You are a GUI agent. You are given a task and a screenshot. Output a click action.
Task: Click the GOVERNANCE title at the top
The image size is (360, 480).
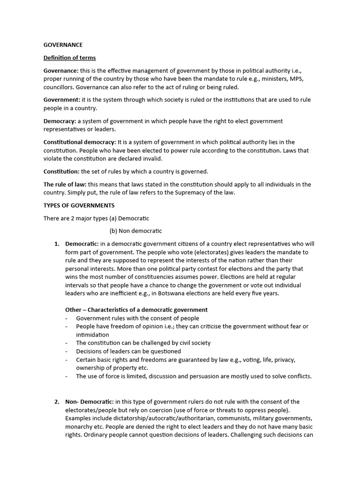pos(63,45)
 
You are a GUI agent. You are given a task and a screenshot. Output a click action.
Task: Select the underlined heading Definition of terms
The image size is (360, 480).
pos(69,58)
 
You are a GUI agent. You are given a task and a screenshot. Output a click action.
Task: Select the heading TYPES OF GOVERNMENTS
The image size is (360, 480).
pos(79,205)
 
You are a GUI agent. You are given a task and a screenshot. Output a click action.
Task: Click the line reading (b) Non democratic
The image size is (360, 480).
pos(135,231)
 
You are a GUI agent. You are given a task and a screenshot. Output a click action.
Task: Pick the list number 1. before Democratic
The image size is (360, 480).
pos(57,244)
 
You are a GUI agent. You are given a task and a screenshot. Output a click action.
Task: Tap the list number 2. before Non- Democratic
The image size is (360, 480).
pos(57,402)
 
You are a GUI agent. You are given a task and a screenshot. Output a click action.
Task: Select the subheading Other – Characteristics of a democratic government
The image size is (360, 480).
pos(136,310)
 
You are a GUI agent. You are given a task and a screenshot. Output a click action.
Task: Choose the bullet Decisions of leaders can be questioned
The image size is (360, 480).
pos(128,351)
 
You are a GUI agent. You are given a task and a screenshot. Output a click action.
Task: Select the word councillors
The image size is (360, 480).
pos(59,87)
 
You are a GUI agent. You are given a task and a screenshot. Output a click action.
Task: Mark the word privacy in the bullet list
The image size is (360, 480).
pos(284,360)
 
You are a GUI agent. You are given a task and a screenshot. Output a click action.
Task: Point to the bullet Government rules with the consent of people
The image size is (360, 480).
pos(137,318)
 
